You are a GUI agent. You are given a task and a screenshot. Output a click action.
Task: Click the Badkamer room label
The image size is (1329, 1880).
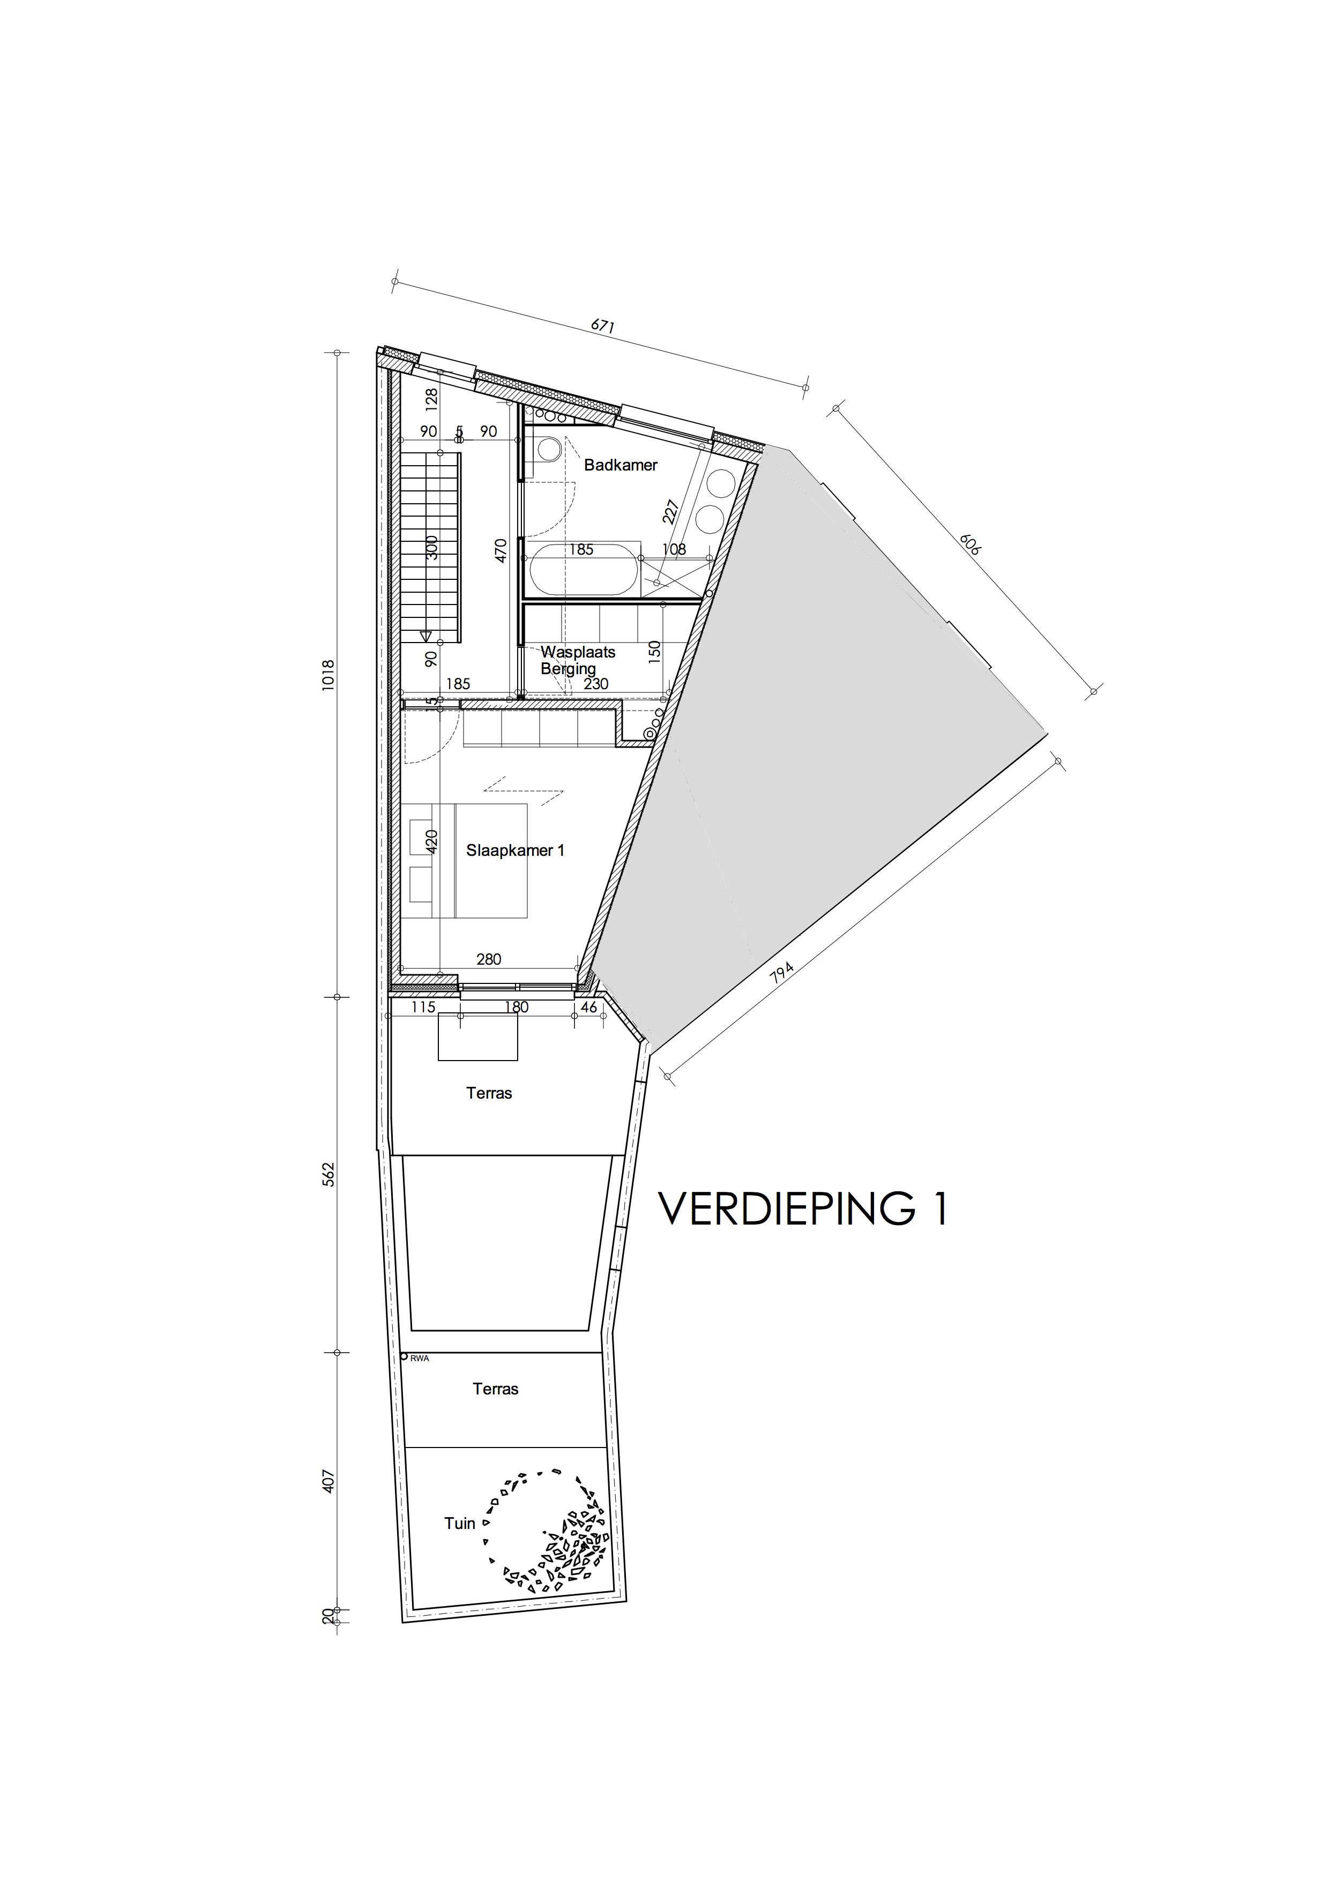[x=620, y=465]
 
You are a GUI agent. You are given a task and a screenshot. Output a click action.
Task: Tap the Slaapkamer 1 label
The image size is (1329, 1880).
[x=515, y=850]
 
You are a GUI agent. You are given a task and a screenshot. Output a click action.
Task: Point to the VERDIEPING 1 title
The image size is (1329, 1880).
[x=802, y=1208]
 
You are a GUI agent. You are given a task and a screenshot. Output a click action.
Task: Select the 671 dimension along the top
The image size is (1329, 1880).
[x=602, y=325]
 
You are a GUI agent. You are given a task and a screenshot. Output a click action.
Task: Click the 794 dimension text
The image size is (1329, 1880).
[x=782, y=974]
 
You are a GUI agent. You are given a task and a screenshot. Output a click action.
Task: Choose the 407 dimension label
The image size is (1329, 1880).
[x=328, y=1480]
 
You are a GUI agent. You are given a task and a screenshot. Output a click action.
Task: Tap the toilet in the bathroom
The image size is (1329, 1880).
[x=548, y=449]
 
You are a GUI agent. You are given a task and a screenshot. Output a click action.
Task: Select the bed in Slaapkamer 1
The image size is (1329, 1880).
[x=490, y=861]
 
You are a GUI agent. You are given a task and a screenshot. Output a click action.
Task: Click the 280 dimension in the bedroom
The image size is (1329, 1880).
[x=488, y=959]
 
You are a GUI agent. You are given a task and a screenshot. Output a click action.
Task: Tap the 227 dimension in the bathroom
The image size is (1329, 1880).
[x=671, y=512]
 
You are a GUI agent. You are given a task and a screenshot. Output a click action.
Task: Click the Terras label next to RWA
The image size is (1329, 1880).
[x=495, y=1389]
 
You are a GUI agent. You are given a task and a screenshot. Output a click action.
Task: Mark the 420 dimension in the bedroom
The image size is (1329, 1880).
[x=431, y=841]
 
